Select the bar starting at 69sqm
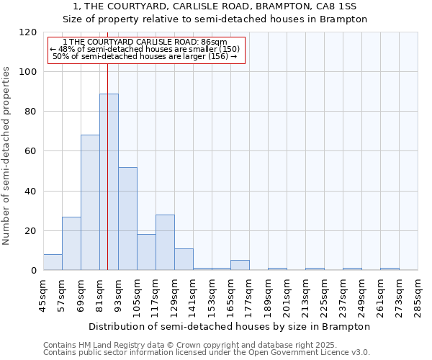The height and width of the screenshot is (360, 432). pos(90,202)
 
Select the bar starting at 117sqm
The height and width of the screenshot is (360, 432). pos(165,243)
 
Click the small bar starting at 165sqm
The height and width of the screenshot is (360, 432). pos(240,265)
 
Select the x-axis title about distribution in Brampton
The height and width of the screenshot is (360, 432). pos(230,326)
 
